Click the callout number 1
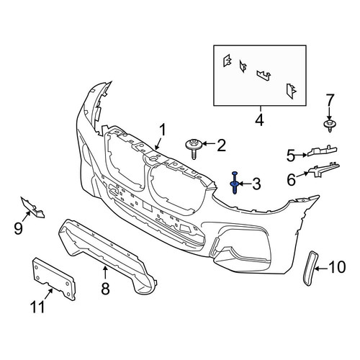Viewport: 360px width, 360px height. pyautogui.click(x=163, y=130)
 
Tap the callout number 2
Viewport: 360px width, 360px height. pyautogui.click(x=221, y=145)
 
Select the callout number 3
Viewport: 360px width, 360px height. pyautogui.click(x=256, y=184)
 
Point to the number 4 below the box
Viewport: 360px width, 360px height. pyautogui.click(x=259, y=120)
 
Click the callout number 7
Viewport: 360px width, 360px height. pyautogui.click(x=330, y=100)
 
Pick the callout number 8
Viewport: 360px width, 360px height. pyautogui.click(x=105, y=288)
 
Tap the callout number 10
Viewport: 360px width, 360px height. pyautogui.click(x=337, y=267)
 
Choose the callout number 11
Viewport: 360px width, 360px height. pyautogui.click(x=37, y=307)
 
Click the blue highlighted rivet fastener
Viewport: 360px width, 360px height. pyautogui.click(x=235, y=183)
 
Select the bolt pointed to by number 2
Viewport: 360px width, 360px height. pyautogui.click(x=194, y=148)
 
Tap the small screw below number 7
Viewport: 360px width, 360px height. pyautogui.click(x=329, y=125)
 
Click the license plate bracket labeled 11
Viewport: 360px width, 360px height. pyautogui.click(x=54, y=279)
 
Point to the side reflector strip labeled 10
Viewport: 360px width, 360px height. pyautogui.click(x=310, y=269)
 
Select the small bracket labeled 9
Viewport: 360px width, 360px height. pyautogui.click(x=32, y=207)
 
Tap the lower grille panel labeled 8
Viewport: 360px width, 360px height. pyautogui.click(x=107, y=256)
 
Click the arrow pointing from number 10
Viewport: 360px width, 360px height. pyautogui.click(x=321, y=269)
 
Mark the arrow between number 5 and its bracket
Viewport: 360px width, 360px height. pyautogui.click(x=301, y=156)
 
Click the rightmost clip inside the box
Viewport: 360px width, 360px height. pyautogui.click(x=291, y=91)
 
